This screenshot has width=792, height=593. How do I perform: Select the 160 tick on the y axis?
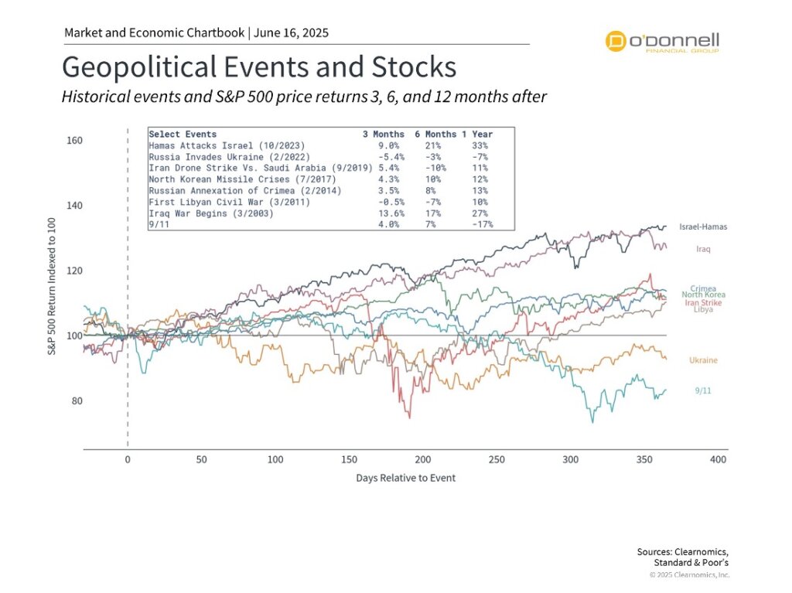74,141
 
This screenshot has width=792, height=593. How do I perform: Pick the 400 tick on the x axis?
719,460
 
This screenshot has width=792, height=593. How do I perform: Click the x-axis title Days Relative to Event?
405,478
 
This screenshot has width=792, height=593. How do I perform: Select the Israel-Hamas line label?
703,227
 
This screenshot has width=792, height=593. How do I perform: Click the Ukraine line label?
703,360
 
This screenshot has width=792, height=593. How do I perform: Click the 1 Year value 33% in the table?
480,145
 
